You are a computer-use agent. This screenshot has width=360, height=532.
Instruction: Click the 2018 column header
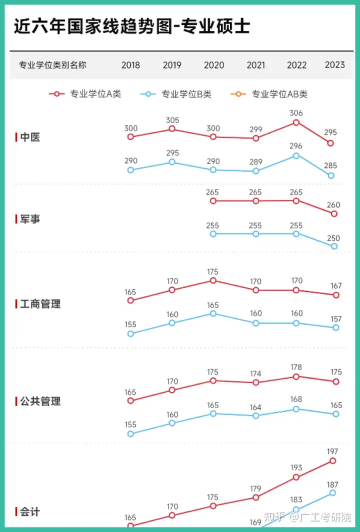pos(130,65)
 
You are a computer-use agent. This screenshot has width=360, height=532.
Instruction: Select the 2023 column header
pos(335,64)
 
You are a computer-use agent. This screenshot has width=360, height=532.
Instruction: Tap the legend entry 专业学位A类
pos(85,93)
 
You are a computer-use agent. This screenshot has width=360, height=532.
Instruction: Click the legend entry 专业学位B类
pos(176,93)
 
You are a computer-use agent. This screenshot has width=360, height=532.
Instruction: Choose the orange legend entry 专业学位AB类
pos(269,93)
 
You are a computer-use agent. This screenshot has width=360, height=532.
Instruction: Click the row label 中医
pos(28,137)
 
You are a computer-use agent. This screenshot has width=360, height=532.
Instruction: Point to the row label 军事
pos(28,219)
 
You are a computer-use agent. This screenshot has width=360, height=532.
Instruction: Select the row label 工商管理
pos(38,303)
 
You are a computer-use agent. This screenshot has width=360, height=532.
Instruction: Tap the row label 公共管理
pos(38,401)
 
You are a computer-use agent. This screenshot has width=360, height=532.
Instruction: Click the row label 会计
pos(28,511)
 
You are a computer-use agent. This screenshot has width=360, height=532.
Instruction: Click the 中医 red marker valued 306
pos(296,122)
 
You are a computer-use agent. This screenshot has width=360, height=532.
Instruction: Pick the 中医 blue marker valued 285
pos(331,175)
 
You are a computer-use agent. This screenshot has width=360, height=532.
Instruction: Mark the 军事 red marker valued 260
pos(334,214)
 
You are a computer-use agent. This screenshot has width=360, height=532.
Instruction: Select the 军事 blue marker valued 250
pos(334,246)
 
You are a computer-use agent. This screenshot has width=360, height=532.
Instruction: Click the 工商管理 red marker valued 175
pos(213,280)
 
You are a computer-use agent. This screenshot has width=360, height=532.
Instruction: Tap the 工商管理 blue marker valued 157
pos(336,327)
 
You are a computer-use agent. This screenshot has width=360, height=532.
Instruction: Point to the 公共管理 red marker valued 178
pos(296,376)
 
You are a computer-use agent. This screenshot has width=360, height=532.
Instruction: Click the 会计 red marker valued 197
pos(333,461)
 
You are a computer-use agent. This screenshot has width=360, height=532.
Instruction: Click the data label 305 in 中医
pos(172,120)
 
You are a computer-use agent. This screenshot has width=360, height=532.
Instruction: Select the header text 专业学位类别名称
pos(52,65)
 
